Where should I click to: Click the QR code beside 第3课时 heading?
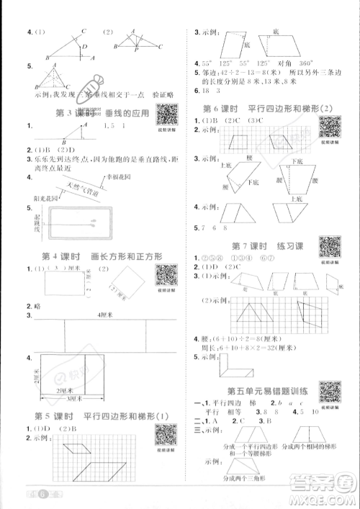coord(167,114)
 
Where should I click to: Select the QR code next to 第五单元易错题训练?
coord(330,392)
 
